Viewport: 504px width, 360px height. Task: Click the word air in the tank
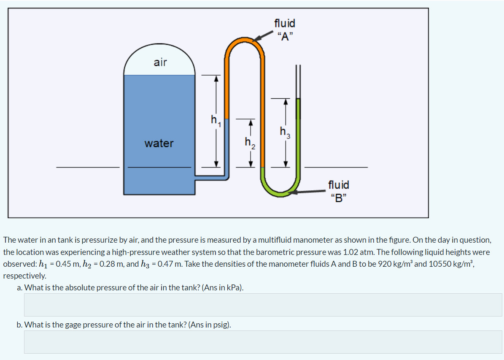(x=160, y=62)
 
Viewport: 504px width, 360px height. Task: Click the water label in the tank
(x=159, y=143)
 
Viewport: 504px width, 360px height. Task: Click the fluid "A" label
(x=285, y=29)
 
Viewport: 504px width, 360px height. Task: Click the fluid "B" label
(x=338, y=191)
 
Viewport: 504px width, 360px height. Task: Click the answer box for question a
(x=263, y=305)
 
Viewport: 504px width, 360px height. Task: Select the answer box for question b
(x=263, y=342)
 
